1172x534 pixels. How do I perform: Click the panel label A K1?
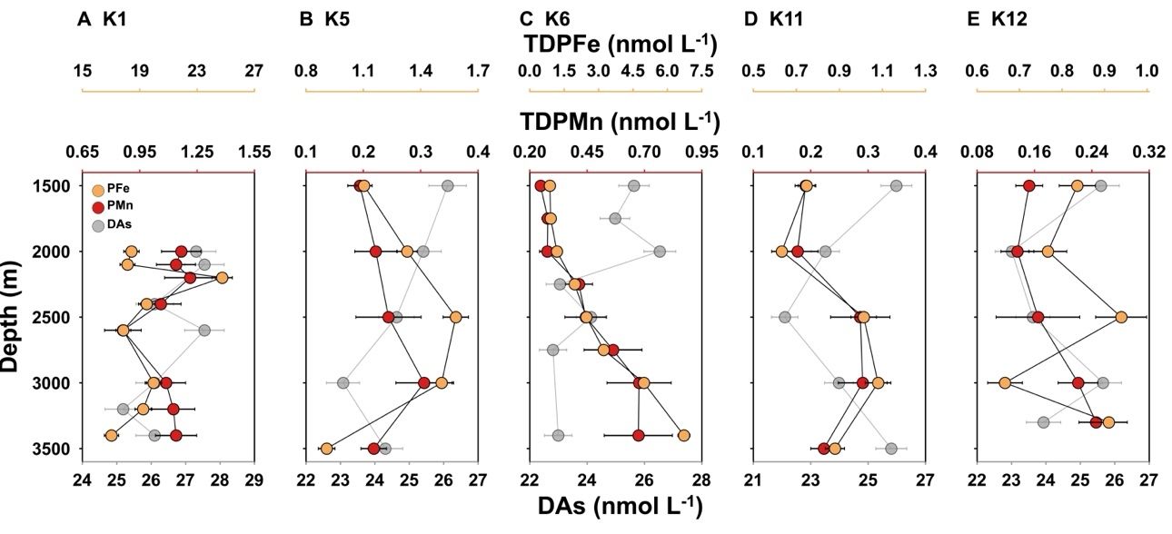click(x=101, y=17)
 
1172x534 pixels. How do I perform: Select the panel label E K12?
click(x=997, y=17)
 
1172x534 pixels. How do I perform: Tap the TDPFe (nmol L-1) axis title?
click(x=617, y=44)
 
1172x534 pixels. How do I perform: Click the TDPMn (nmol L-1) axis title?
click(x=617, y=122)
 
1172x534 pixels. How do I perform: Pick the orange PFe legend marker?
click(x=98, y=191)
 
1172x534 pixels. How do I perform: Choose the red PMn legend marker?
click(x=98, y=207)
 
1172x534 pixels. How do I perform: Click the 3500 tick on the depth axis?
click(x=53, y=449)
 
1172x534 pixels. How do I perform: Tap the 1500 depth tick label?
click(x=53, y=186)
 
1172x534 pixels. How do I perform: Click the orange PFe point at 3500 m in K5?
click(x=326, y=449)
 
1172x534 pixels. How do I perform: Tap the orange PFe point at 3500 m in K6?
click(x=684, y=436)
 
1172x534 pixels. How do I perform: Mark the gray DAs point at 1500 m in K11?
click(x=897, y=186)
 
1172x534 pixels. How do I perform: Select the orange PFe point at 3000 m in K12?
click(x=1005, y=383)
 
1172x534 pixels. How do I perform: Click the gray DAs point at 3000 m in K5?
click(x=343, y=383)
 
